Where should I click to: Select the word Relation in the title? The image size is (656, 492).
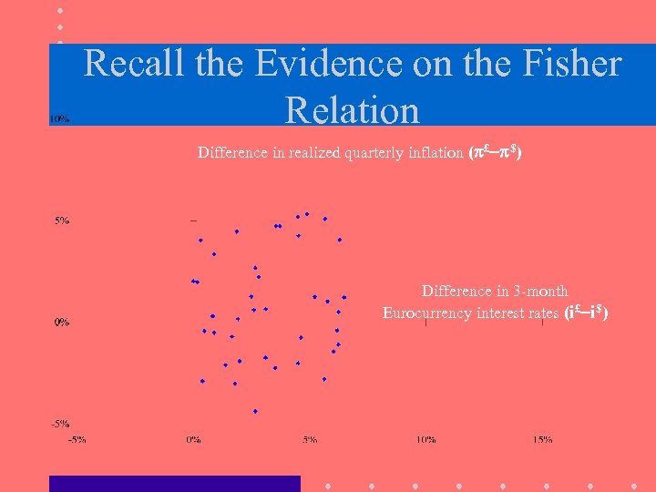pyautogui.click(x=353, y=110)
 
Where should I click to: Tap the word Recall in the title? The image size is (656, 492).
pyautogui.click(x=137, y=64)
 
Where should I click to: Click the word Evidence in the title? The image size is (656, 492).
pyautogui.click(x=330, y=64)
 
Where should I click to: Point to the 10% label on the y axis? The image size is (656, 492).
pyautogui.click(x=60, y=118)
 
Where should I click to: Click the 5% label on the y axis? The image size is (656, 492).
pyautogui.click(x=62, y=220)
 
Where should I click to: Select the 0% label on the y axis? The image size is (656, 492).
pyautogui.click(x=60, y=322)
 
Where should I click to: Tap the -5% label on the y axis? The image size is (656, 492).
pyautogui.click(x=60, y=424)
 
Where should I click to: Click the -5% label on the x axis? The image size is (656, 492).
pyautogui.click(x=77, y=439)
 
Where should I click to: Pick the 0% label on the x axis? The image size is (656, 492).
pyautogui.click(x=194, y=439)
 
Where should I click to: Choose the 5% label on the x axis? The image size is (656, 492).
pyautogui.click(x=310, y=439)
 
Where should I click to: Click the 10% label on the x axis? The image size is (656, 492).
pyautogui.click(x=425, y=439)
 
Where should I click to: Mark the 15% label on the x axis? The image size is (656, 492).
pyautogui.click(x=542, y=439)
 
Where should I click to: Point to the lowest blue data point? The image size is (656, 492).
pyautogui.click(x=255, y=411)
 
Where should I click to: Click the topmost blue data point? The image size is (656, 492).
pyautogui.click(x=307, y=214)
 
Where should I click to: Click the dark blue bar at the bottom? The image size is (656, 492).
pyautogui.click(x=174, y=483)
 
